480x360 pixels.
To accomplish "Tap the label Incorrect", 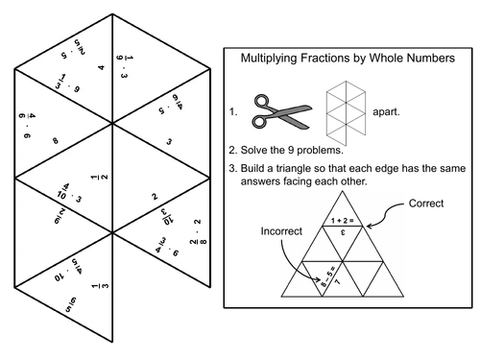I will (x=281, y=232).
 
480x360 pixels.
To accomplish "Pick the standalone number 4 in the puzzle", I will (x=101, y=68).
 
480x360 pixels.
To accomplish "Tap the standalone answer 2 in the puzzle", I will (x=156, y=197).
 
